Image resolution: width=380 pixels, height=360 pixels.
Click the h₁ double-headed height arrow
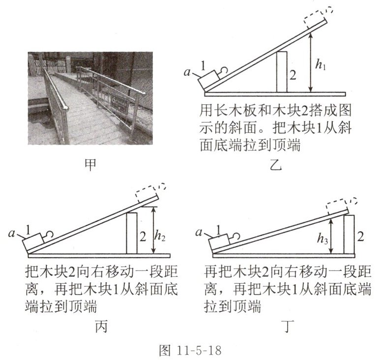point(310,61)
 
